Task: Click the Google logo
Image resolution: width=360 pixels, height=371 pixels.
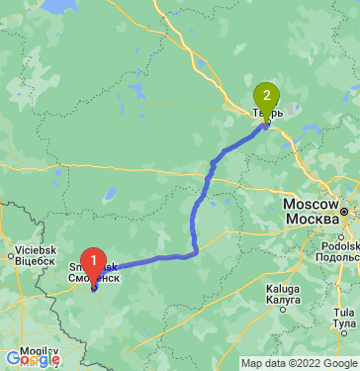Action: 32,358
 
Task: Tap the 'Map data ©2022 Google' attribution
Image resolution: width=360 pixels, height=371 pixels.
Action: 300,363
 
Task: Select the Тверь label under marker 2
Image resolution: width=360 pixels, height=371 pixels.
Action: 267,114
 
